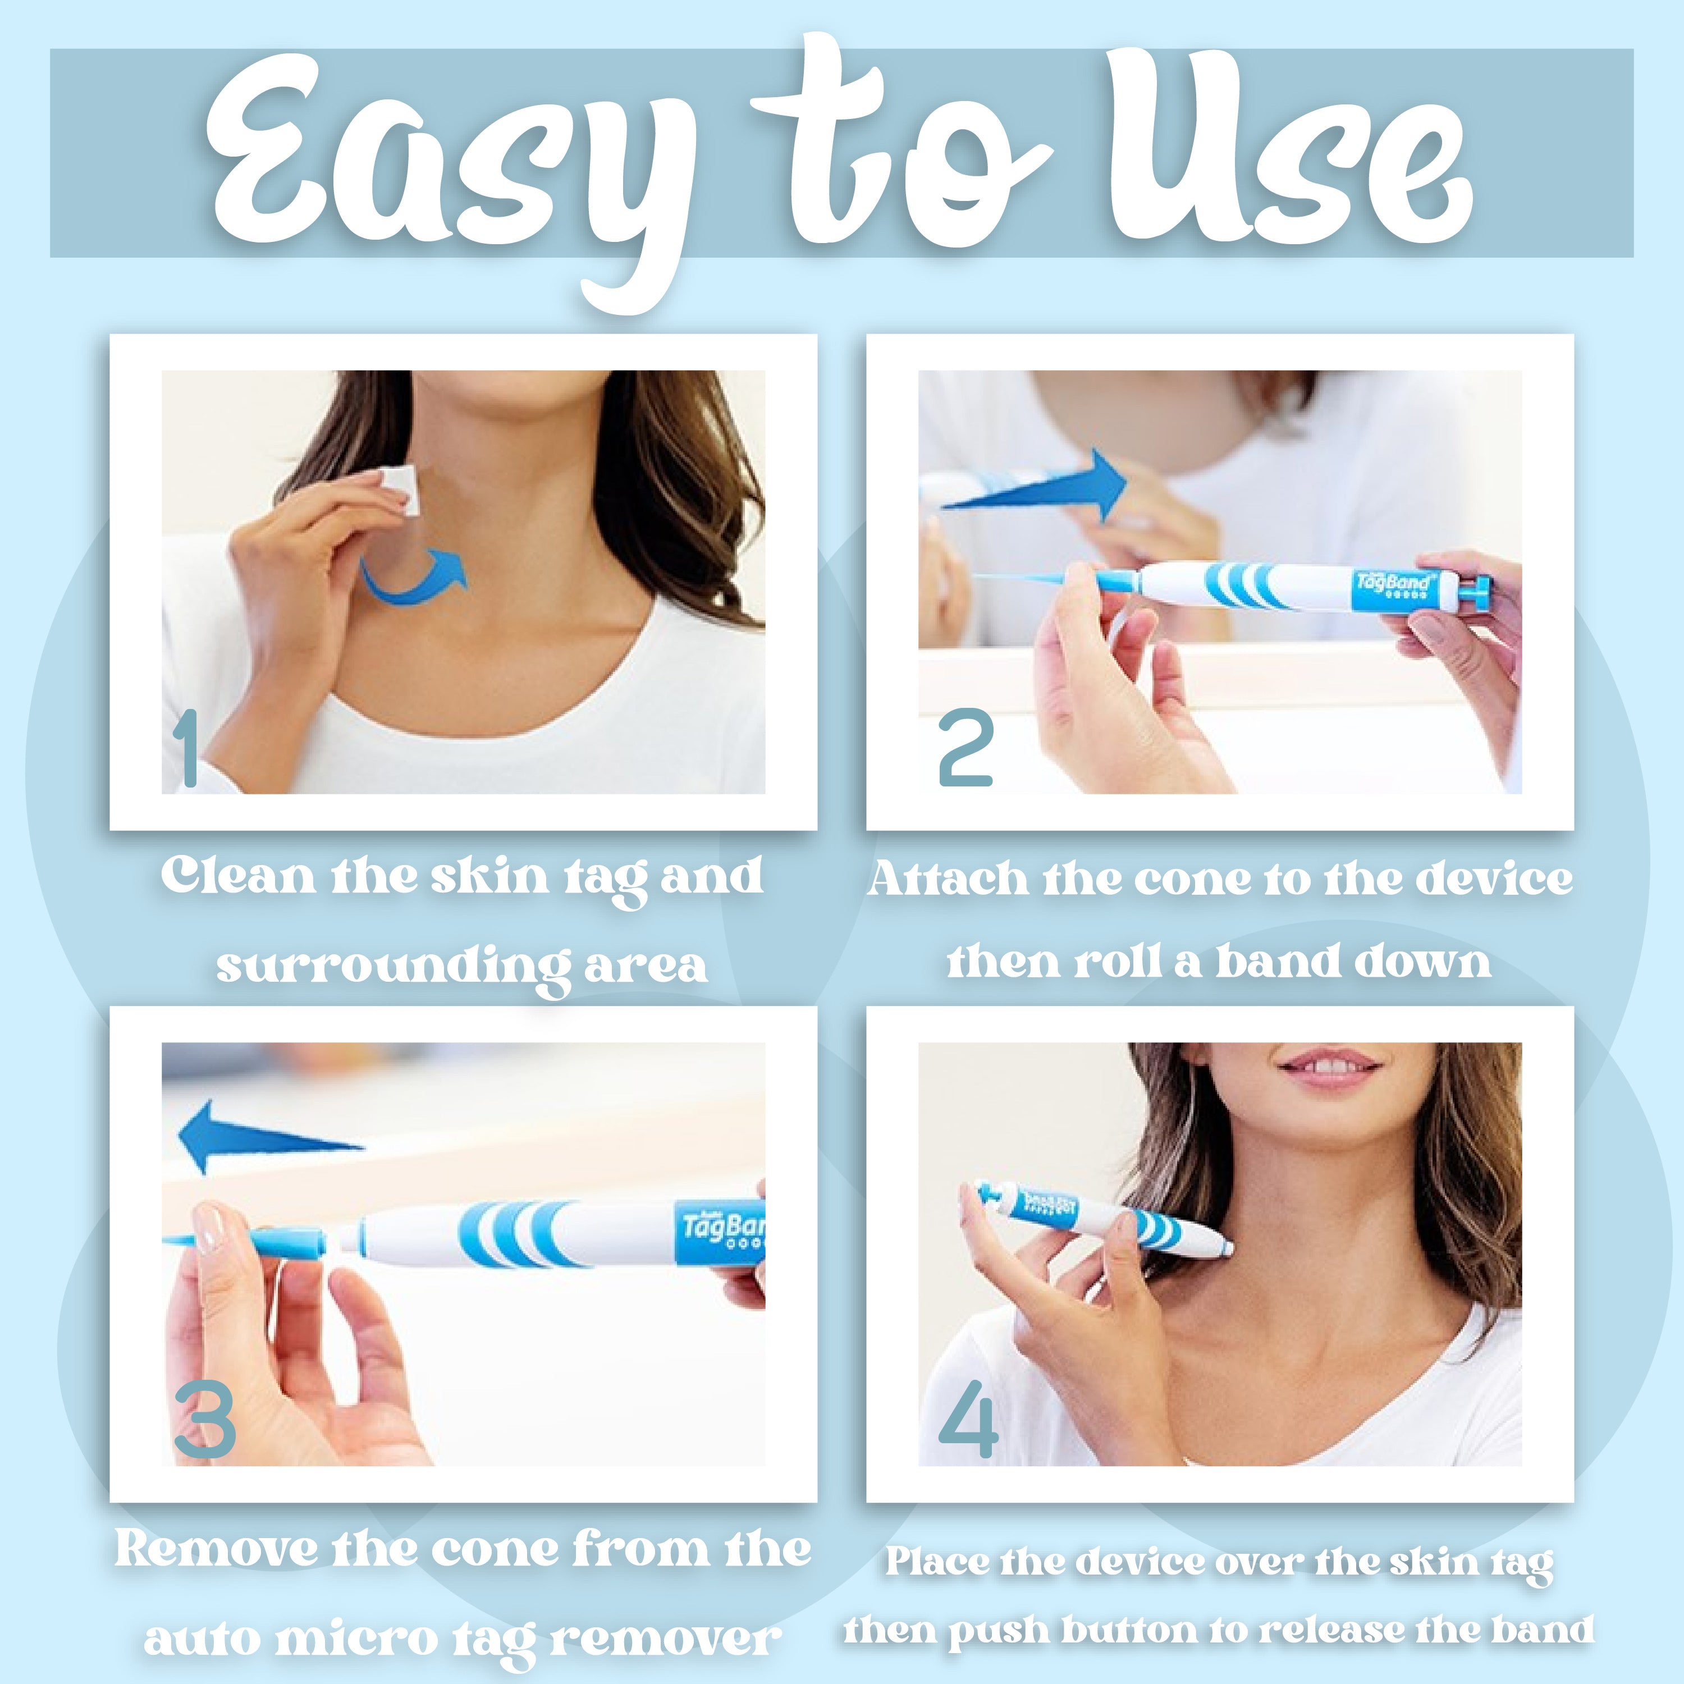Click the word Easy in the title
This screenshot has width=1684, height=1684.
coord(436,166)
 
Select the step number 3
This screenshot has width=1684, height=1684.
coord(205,1422)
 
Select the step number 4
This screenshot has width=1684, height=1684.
coord(968,1422)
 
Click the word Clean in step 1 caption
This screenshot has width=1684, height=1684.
coord(237,876)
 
